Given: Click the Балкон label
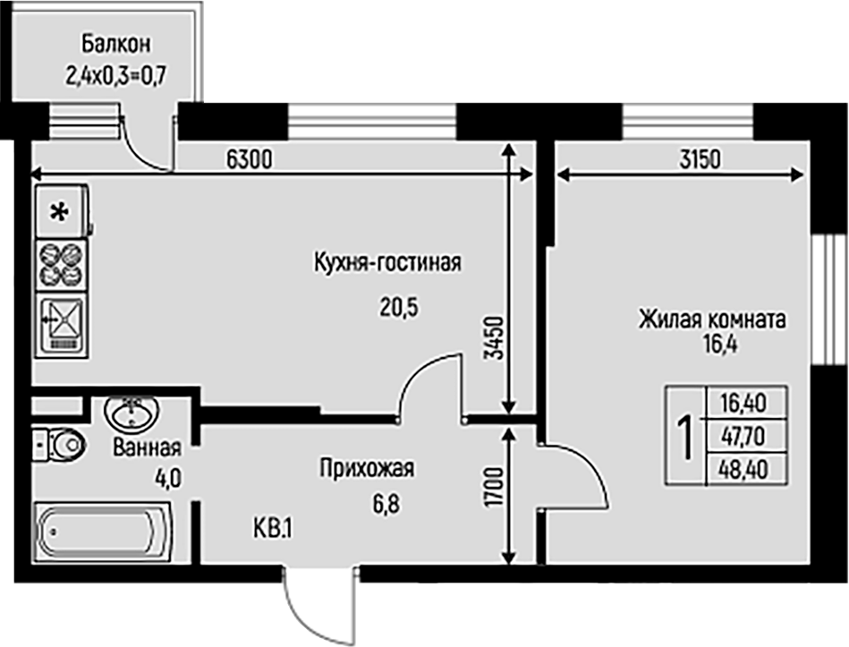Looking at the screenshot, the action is point(116,45).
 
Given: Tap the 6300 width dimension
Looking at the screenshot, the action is point(250,160).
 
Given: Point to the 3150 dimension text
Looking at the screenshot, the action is point(700,160).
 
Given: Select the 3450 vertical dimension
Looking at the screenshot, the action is point(495,338).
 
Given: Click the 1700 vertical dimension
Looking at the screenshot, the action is point(495,487).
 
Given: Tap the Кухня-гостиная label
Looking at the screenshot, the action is point(387,263).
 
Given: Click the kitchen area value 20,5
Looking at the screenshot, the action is point(400,308).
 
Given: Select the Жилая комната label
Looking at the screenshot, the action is point(712,319).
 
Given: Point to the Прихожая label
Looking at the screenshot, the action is point(367,469).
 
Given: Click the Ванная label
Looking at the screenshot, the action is point(147,447).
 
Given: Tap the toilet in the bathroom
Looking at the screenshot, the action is point(58,445).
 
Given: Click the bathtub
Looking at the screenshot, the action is point(103,532).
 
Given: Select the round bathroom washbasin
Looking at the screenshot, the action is point(131,413).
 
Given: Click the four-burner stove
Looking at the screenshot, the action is point(62,266).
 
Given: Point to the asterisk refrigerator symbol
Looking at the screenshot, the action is point(60,212).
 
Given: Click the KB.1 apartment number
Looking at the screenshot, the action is point(273,529).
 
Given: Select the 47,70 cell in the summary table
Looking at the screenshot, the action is point(745,435).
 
